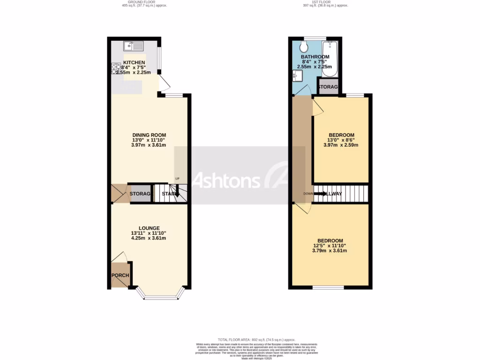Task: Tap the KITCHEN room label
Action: coord(134,63)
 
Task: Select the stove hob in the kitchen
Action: coord(116,69)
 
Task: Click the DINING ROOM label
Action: coord(149,135)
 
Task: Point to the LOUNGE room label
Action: coord(149,228)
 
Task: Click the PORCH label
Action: coord(120,275)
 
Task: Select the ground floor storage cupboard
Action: coord(140,194)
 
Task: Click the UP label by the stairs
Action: coord(177,179)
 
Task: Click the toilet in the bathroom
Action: coord(304,47)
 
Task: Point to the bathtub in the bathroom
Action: coord(330,59)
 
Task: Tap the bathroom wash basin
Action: coord(296,75)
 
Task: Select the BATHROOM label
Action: coord(315,57)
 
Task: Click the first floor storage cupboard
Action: coord(328,87)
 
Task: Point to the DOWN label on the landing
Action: coord(308,194)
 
